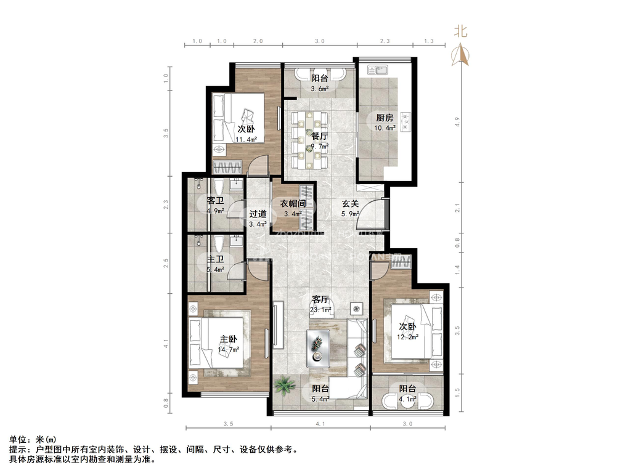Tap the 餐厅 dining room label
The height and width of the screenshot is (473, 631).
pos(319,137)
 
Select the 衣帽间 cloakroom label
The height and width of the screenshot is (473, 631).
pos(293,204)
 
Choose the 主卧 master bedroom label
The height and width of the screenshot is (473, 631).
pos(229,339)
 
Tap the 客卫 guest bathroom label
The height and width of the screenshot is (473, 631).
pos(215,201)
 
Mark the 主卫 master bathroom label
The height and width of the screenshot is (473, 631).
pos(215,260)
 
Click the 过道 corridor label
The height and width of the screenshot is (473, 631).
pos(258,214)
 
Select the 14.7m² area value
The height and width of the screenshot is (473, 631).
pos(229,349)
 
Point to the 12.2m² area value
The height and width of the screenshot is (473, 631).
pos(407,337)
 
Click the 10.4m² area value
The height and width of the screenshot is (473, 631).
pos(385,129)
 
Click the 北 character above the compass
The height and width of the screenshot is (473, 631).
pos(461,31)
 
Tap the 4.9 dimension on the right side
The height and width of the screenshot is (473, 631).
pos(457,121)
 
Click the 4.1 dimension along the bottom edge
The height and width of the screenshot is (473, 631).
pos(319,424)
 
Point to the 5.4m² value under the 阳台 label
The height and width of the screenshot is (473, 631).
pos(320,399)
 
